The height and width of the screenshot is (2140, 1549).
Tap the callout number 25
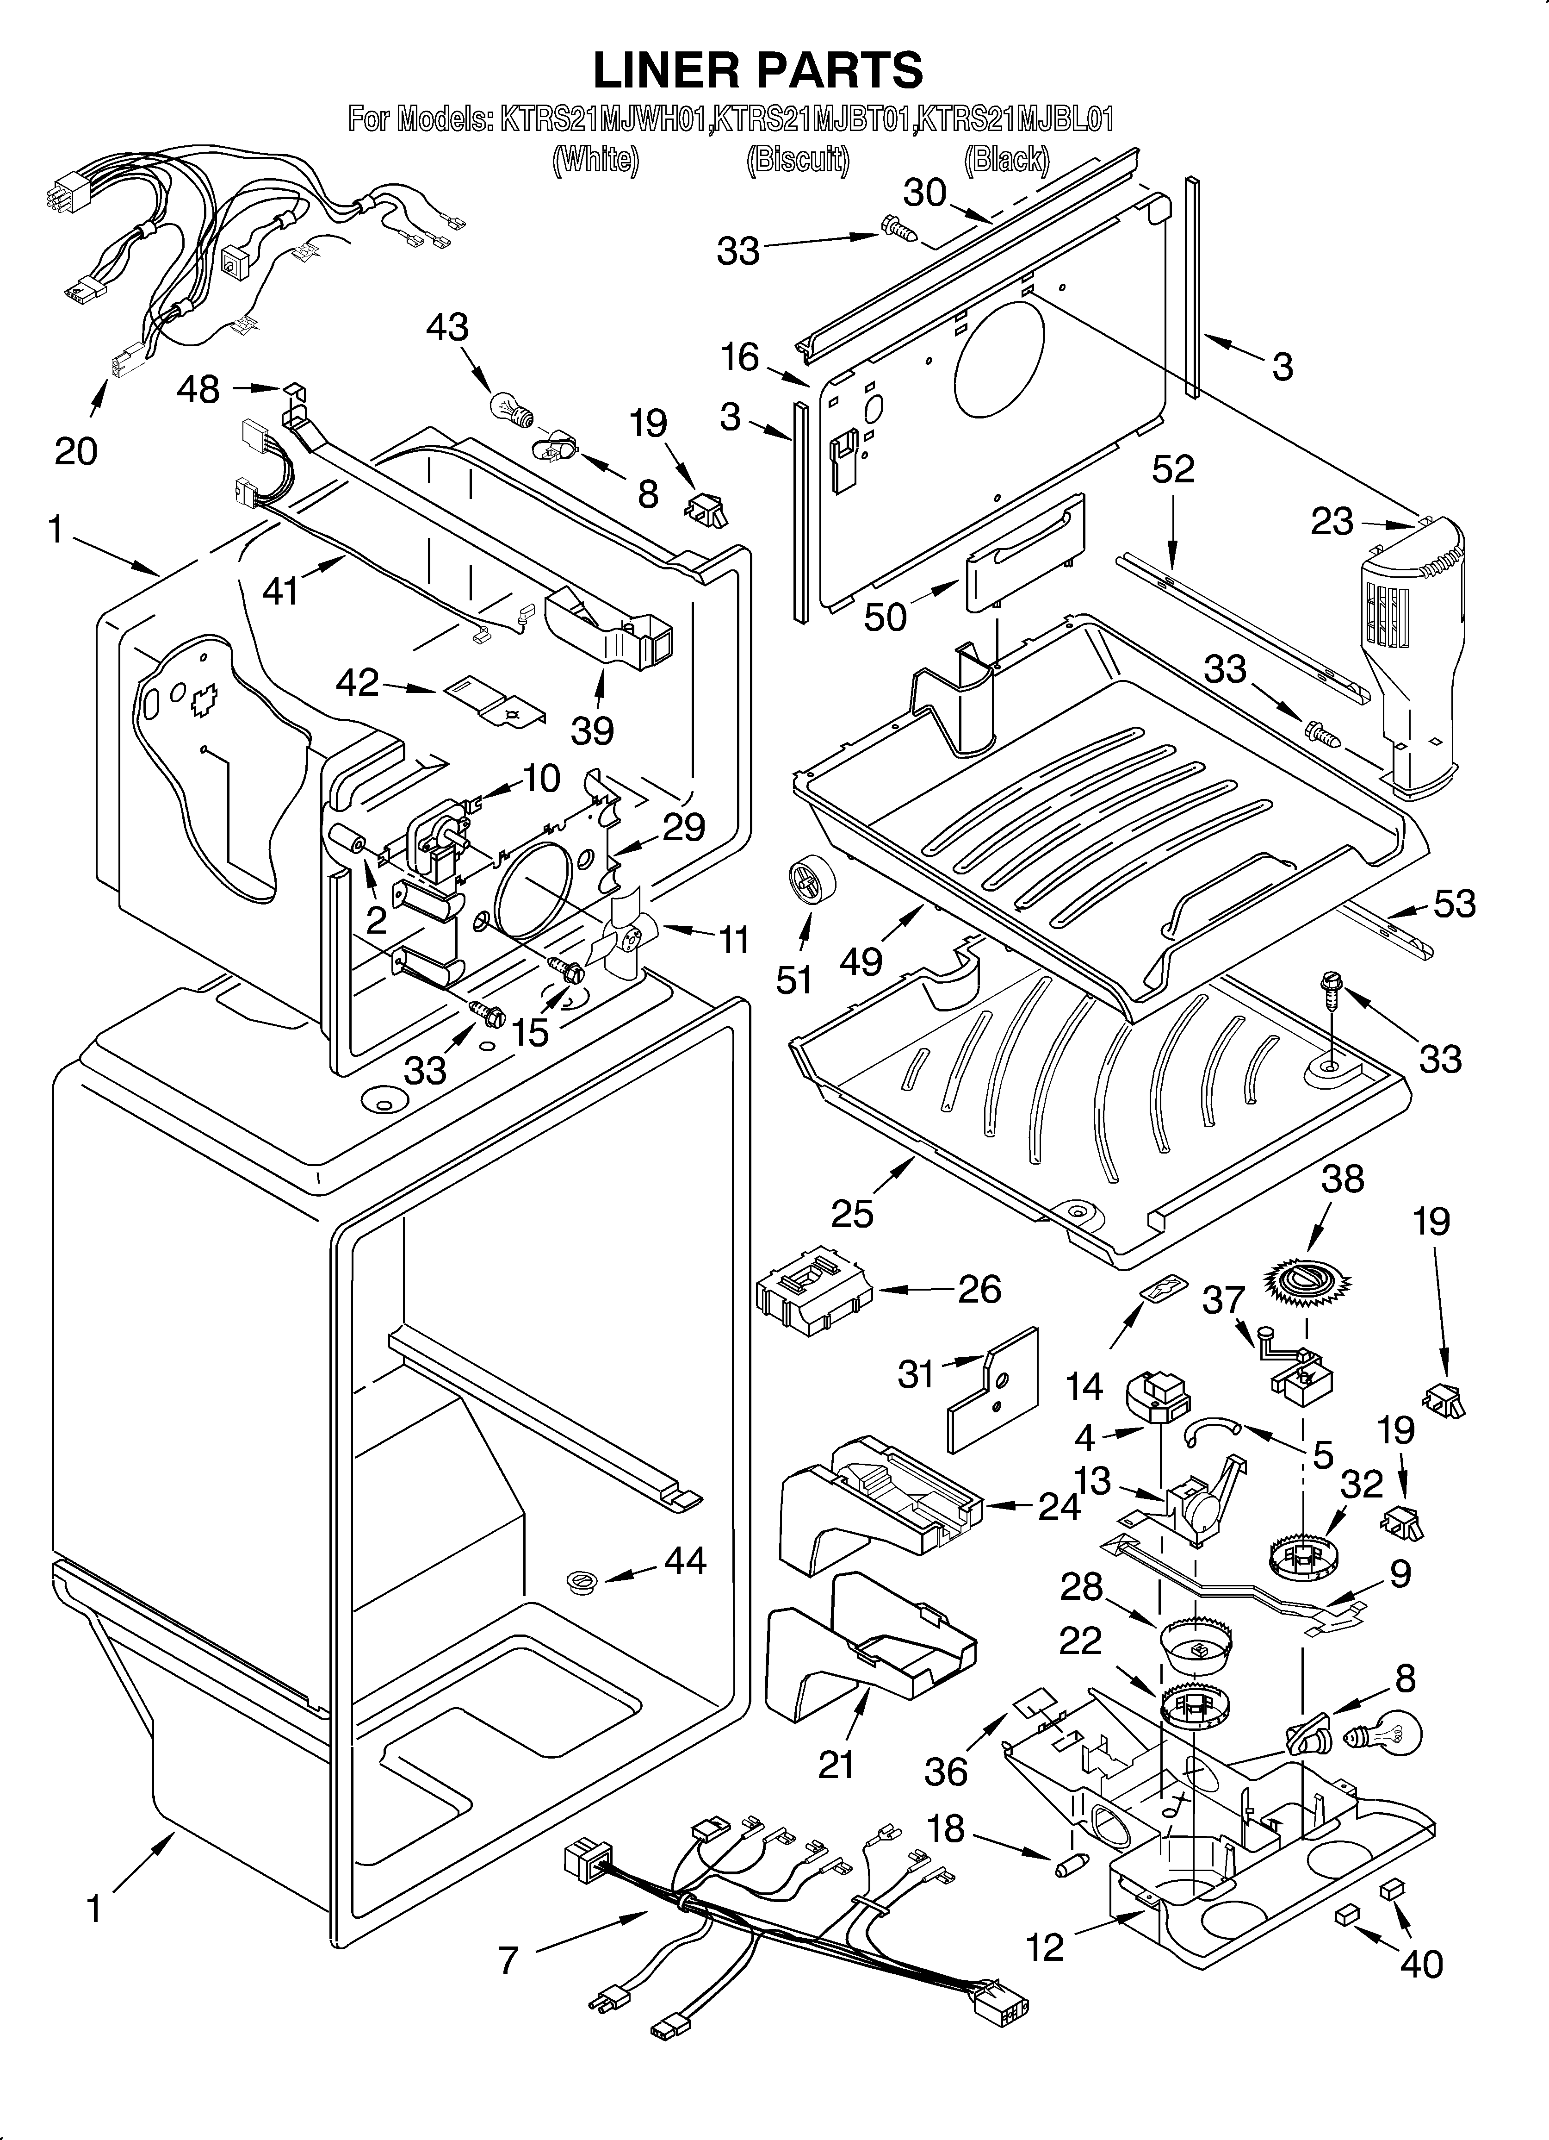852,1212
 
